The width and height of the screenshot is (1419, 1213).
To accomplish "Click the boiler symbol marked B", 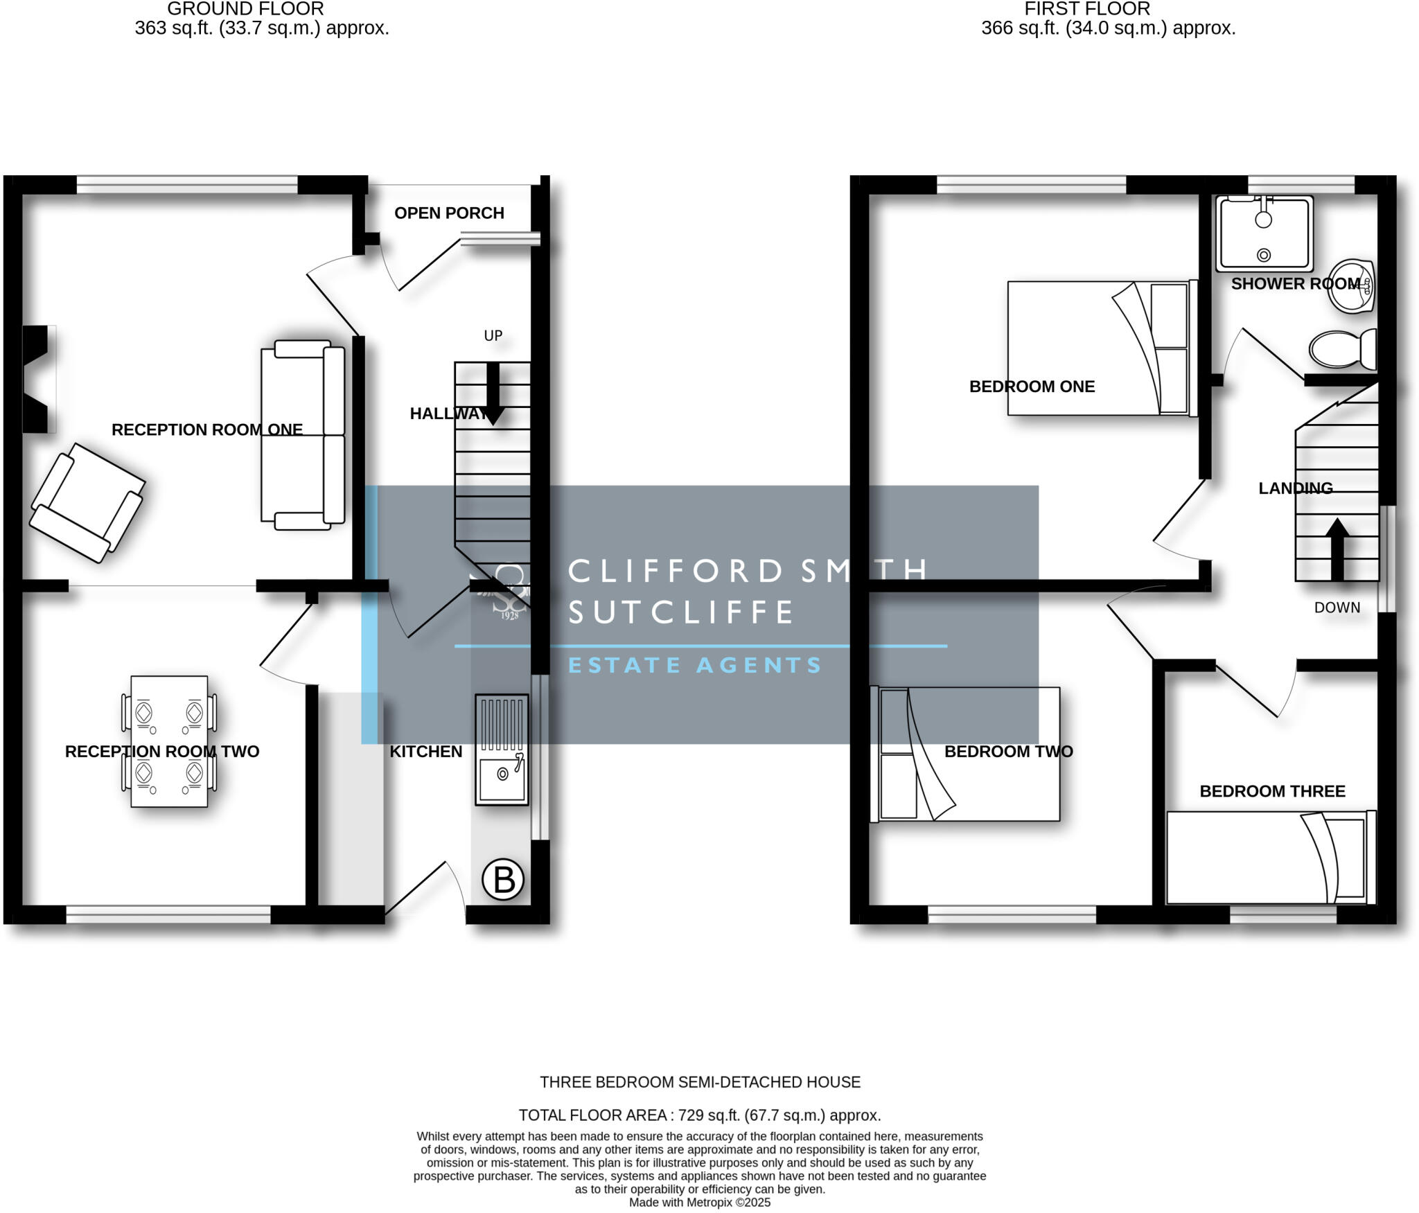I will tap(502, 880).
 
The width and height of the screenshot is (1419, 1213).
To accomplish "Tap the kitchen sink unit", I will tap(502, 750).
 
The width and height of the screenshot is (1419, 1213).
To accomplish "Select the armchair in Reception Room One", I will tap(87, 502).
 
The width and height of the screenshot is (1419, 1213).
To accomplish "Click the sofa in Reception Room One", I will tap(303, 435).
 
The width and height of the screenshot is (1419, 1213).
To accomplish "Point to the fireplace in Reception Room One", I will tap(39, 380).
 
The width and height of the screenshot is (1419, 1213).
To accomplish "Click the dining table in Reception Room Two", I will tap(169, 741).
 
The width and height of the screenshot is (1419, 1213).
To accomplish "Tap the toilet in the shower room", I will tap(1342, 349).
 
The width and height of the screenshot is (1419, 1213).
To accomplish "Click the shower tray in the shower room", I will tap(1264, 233).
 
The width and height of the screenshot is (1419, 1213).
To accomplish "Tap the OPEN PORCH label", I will tap(449, 213).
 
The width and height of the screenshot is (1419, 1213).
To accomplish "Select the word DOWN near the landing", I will tap(1337, 608).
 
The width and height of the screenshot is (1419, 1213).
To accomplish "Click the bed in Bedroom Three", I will tap(1270, 858).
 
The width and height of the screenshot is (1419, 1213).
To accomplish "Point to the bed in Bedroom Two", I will tap(964, 754).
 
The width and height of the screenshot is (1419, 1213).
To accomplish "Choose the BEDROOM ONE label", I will tap(1031, 387).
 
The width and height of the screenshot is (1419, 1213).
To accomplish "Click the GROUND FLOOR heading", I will tap(245, 9).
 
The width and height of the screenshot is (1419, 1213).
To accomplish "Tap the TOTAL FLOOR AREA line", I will tap(700, 1115).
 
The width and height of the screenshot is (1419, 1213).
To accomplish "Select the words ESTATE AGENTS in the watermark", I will tap(694, 665).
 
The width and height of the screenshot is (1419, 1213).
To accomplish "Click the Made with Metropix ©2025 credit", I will tap(700, 1203).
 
